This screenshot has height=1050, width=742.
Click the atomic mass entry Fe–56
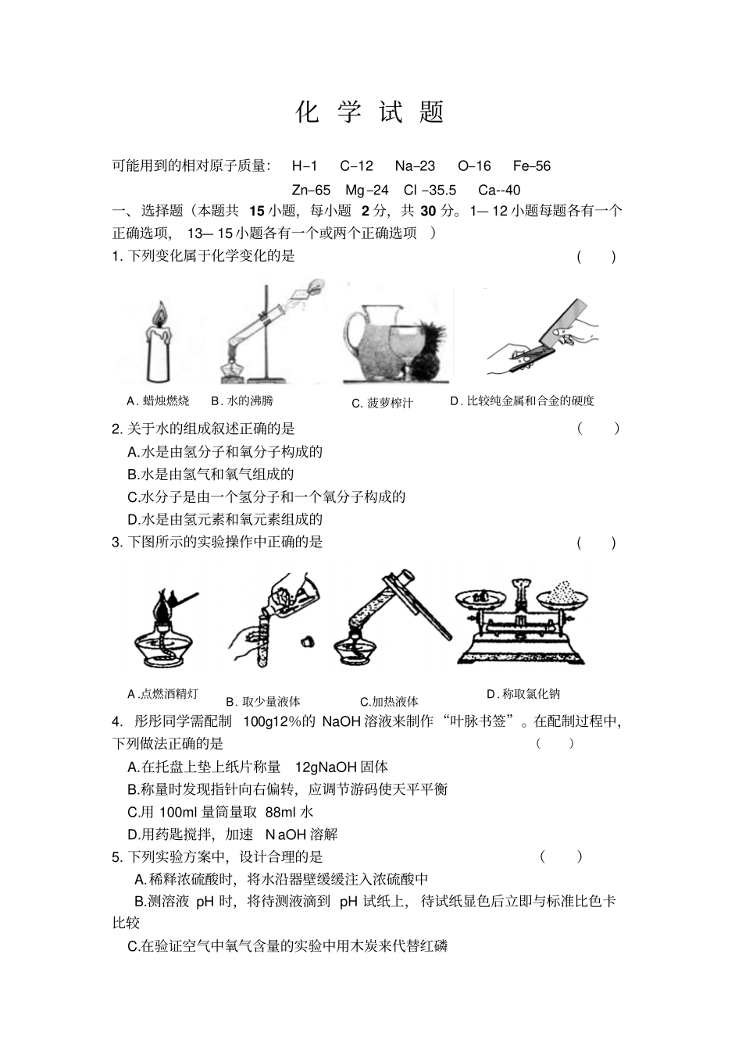point(531,166)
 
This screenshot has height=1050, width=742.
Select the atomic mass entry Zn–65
point(311,190)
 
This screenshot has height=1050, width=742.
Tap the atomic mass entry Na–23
point(415,166)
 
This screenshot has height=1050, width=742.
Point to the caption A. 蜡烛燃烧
point(158,400)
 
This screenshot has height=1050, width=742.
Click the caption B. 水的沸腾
point(242,400)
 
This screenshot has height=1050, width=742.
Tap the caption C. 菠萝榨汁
point(382,403)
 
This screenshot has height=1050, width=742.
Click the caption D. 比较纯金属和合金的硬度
point(522,400)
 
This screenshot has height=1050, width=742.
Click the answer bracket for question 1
point(596,257)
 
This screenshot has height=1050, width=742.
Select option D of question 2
point(225,519)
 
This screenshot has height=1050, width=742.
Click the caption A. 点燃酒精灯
point(162,693)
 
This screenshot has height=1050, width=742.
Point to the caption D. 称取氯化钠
point(523,693)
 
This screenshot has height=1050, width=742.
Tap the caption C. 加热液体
point(389,701)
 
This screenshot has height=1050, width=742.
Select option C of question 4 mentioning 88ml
point(220,812)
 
